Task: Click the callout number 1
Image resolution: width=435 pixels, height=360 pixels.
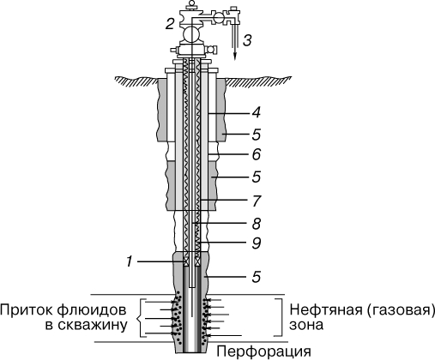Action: coord(130,261)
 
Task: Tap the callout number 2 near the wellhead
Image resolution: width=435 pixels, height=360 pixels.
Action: coord(170,23)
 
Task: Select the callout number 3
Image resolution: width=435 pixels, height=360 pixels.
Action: coord(247,40)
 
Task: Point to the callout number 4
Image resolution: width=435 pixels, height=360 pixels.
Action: coord(256,112)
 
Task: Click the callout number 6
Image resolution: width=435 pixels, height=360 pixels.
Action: coord(256,154)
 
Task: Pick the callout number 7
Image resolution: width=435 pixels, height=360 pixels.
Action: coord(257,201)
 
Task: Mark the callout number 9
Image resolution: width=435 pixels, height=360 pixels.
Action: coord(256,243)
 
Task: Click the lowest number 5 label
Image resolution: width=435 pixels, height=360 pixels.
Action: coord(256,277)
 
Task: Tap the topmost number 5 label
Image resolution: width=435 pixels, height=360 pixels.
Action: coord(256,135)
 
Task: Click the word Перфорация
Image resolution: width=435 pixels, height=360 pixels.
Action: coord(263,351)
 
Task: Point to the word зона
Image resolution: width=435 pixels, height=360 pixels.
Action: coord(306,326)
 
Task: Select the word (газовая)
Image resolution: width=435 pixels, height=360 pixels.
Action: coord(400,310)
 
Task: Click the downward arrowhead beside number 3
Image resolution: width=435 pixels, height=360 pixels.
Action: coord(235,57)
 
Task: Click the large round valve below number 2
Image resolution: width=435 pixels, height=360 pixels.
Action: coord(191,34)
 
